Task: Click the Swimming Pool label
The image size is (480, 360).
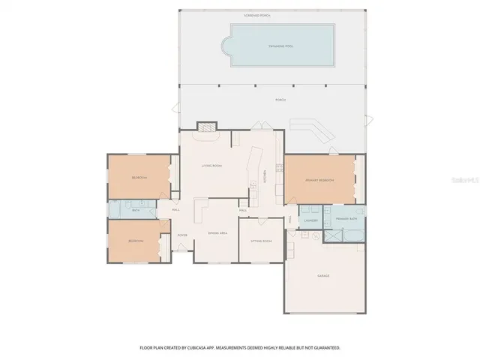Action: tap(282, 46)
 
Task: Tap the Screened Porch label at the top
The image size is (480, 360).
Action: tap(272, 14)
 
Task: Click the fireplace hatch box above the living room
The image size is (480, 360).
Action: tap(206, 127)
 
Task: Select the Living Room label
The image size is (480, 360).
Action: tap(211, 166)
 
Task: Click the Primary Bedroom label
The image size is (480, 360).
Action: tap(319, 181)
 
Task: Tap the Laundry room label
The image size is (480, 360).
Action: tap(310, 220)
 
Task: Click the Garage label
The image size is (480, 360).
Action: tap(323, 276)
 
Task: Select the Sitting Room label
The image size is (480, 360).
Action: tap(260, 241)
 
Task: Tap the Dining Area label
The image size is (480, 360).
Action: tap(217, 234)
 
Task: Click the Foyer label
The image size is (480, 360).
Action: tap(181, 235)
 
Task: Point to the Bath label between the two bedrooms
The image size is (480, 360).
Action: tap(136, 211)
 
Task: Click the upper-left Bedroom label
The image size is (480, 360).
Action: tap(139, 178)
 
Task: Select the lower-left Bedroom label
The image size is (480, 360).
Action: tap(135, 241)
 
